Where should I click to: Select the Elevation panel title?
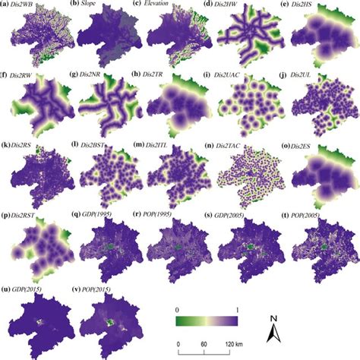pyautogui.click(x=158, y=5)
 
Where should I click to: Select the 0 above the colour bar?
pyautogui.click(x=178, y=308)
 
